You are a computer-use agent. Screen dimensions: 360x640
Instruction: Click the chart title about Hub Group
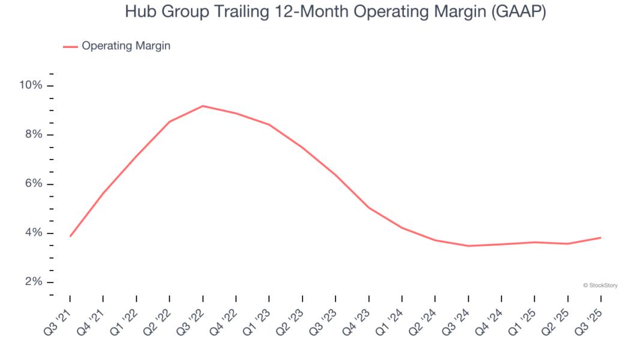(x=336, y=12)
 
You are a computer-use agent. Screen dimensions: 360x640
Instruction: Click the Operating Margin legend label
(x=126, y=46)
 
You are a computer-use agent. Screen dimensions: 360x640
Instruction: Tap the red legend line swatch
(x=70, y=46)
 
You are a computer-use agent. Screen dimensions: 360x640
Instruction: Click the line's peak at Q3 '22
(x=203, y=106)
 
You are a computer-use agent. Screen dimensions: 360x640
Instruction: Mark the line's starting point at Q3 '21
(x=70, y=236)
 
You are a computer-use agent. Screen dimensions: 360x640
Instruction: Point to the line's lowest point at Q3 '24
(x=468, y=245)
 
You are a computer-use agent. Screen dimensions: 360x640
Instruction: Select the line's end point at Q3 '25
(x=600, y=238)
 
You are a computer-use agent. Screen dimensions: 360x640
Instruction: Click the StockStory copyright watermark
(x=600, y=286)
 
